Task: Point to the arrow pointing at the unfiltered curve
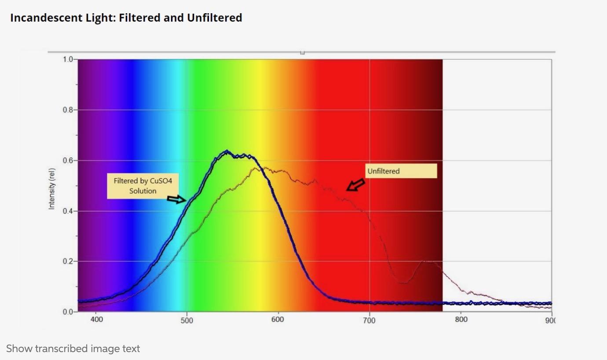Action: tap(355, 185)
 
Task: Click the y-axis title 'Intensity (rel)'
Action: tap(52, 189)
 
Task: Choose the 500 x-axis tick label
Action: tap(187, 320)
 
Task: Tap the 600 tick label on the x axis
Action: tap(278, 320)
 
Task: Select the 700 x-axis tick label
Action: tap(369, 320)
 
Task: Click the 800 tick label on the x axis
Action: tap(461, 320)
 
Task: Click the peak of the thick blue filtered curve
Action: tap(227, 152)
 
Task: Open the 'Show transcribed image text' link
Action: tap(73, 349)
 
